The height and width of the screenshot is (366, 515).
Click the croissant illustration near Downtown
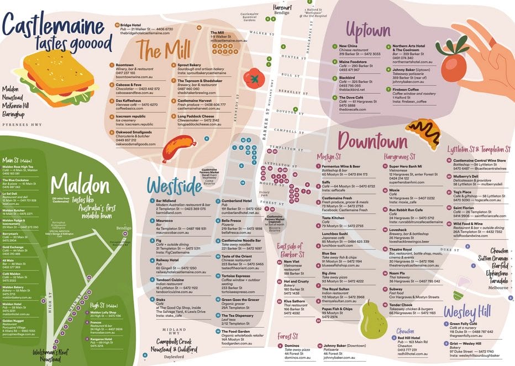pos(423,133)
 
